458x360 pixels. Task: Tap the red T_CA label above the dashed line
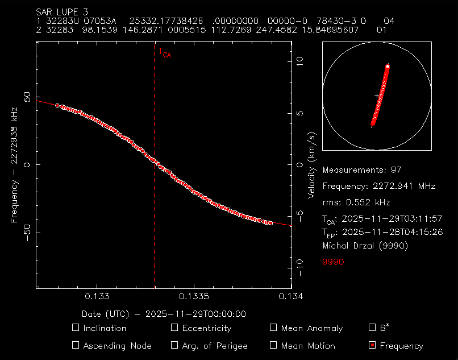[x=164, y=53]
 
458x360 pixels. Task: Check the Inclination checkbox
[x=76, y=328]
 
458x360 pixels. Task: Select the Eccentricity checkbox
[x=174, y=328]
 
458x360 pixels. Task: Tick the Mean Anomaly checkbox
[x=273, y=328]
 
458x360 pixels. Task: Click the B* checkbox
[x=372, y=328]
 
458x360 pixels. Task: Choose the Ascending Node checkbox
[x=76, y=345]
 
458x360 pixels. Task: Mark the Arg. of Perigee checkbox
[x=174, y=345]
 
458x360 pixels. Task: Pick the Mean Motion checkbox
[x=273, y=345]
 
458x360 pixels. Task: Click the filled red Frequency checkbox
[x=372, y=345]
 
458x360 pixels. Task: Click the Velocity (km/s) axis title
[x=311, y=165]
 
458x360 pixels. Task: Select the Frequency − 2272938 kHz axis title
[x=15, y=165]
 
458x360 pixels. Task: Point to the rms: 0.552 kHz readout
[x=356, y=202]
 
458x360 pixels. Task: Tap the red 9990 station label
[x=333, y=262]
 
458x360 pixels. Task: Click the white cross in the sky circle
[x=377, y=97]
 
